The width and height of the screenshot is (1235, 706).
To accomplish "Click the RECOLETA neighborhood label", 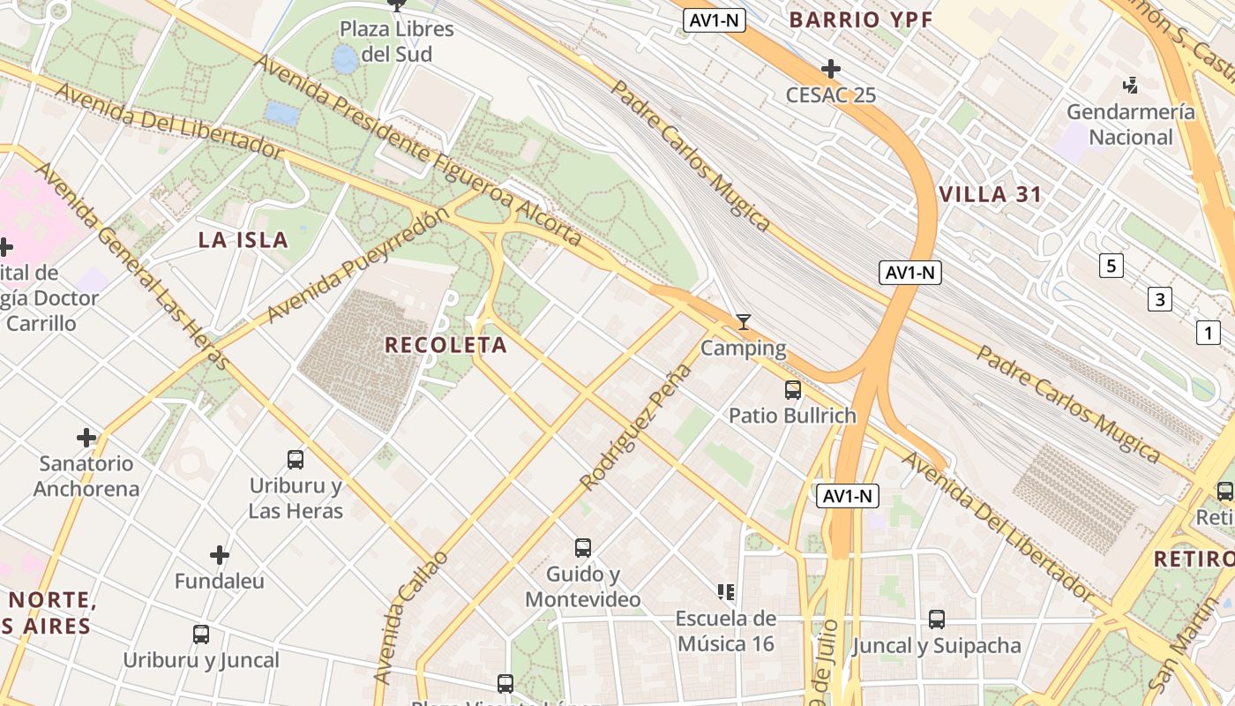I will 445,345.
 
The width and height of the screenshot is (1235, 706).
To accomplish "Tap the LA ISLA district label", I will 243,239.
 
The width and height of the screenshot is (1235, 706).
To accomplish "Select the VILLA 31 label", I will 991,195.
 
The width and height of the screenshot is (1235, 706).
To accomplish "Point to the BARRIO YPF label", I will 860,19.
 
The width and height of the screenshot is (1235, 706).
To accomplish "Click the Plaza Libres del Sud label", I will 397,41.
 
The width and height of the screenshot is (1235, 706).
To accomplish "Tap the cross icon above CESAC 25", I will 830,69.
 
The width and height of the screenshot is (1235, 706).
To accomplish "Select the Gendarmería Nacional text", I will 1131,124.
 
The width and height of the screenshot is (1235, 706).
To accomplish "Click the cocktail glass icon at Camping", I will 744,322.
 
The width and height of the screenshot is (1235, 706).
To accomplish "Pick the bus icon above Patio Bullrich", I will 792,389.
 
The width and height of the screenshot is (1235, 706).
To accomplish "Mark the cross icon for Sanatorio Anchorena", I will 86,437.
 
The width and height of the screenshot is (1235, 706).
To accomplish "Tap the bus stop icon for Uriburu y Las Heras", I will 296,459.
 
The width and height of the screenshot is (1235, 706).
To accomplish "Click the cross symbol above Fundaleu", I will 220,555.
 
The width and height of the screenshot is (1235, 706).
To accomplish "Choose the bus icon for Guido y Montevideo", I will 582,547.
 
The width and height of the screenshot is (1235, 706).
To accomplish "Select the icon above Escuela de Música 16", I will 726,591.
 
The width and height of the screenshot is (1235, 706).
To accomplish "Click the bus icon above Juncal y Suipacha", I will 937,620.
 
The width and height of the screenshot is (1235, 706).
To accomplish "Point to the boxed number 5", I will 1111,265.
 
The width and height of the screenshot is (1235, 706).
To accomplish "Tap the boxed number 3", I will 1159,299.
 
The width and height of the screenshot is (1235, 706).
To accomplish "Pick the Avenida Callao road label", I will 410,617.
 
